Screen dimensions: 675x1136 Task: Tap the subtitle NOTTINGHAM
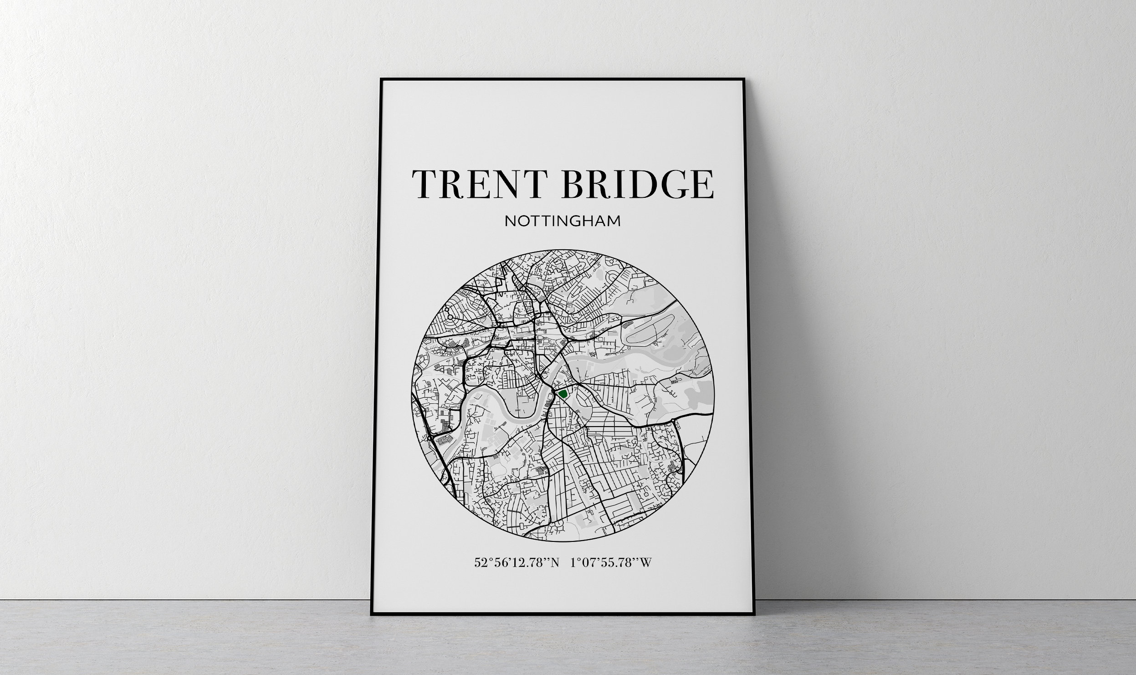point(562,222)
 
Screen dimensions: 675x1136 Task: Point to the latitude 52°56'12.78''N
point(516,563)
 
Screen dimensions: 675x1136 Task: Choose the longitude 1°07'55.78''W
point(610,563)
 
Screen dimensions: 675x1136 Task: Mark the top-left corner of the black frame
point(381,79)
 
